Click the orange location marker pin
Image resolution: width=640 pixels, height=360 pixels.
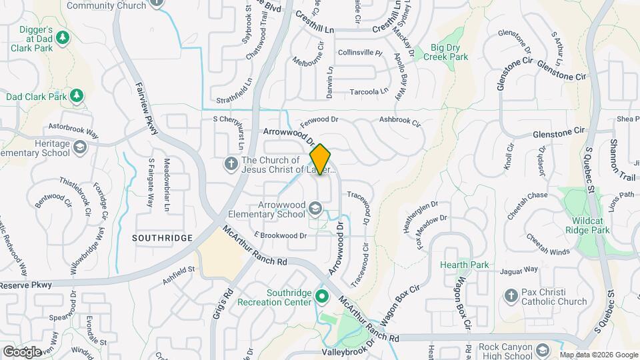[321, 160]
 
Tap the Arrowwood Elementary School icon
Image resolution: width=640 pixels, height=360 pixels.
[313, 210]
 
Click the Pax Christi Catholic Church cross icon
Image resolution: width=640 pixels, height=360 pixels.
[511, 295]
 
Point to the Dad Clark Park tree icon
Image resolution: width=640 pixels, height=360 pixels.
[77, 97]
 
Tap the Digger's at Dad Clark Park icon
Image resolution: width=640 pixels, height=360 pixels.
[63, 37]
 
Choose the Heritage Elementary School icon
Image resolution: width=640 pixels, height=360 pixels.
[80, 147]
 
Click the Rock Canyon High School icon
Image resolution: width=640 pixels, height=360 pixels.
[543, 349]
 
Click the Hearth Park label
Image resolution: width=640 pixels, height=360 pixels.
[464, 265]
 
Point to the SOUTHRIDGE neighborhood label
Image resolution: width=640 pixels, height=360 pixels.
[162, 238]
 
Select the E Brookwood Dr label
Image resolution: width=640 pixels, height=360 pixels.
[281, 235]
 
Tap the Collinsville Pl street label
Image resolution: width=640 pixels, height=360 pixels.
[360, 52]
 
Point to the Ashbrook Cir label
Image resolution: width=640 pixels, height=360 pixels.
[401, 123]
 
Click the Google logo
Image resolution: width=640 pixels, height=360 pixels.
[23, 351]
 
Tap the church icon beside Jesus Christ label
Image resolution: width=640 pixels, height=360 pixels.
[231, 163]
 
